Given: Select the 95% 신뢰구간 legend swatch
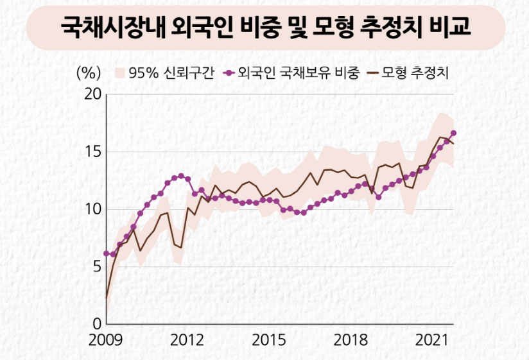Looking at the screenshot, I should (x=119, y=72).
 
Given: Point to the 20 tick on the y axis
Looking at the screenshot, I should (x=94, y=95).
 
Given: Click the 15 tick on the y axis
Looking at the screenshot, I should (x=94, y=152).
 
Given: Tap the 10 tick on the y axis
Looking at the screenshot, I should (x=94, y=209).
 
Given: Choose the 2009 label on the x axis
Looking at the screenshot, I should (x=106, y=339).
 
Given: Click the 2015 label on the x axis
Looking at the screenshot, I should (x=269, y=339).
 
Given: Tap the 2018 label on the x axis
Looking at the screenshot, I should (x=351, y=339).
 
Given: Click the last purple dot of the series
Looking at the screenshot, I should (x=453, y=133).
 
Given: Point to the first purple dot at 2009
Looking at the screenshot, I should (x=106, y=253).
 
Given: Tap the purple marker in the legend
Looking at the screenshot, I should (x=228, y=72).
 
